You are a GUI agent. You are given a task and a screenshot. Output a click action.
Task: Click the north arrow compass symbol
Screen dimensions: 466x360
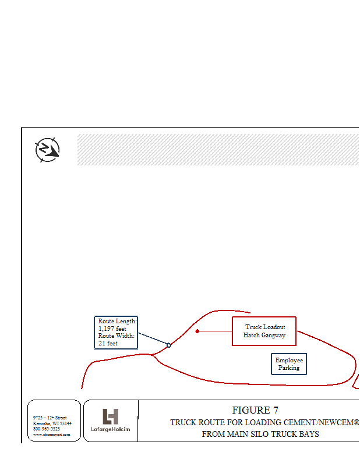pos(47,150)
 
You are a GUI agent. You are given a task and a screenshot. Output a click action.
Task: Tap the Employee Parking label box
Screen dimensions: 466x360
pos(289,364)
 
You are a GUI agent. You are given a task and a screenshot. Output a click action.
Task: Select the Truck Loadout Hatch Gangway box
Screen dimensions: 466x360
pos(264,331)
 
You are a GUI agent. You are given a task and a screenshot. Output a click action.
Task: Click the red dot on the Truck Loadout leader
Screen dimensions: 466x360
pos(197,331)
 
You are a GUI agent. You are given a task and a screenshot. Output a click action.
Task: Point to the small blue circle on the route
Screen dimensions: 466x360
pos(169,345)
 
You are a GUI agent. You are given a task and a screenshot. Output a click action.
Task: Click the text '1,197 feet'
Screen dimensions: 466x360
pos(112,329)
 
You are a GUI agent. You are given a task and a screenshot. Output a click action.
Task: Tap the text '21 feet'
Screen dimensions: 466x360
pos(108,344)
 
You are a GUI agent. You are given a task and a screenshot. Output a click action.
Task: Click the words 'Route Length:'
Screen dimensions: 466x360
pos(117,322)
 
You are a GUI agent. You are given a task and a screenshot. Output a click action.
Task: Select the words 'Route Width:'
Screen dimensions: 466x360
pos(116,336)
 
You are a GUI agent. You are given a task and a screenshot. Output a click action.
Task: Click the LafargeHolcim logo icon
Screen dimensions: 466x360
pos(111,416)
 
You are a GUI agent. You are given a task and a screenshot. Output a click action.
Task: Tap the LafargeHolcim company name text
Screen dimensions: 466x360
pos(111,430)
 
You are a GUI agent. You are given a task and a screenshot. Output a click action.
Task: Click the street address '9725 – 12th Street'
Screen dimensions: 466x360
pos(50,418)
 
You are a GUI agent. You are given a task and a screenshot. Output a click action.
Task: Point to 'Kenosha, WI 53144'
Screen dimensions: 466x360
pos(52,423)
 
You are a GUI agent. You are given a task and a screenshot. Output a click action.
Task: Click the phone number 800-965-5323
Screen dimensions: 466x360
pos(46,429)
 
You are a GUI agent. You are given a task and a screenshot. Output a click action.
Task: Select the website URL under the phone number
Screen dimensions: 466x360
pos(51,434)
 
